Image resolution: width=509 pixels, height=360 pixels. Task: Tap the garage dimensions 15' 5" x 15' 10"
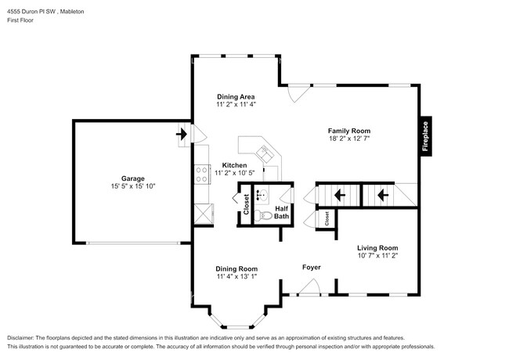pyautogui.click(x=132, y=186)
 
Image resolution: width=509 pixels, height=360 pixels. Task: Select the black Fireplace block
pyautogui.click(x=425, y=135)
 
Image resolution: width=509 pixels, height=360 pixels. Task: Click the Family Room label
pyautogui.click(x=348, y=131)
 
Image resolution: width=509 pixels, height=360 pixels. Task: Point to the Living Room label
pyautogui.click(x=377, y=247)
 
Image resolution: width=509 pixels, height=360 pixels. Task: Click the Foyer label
pyautogui.click(x=312, y=268)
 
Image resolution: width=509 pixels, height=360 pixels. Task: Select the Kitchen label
pyautogui.click(x=234, y=165)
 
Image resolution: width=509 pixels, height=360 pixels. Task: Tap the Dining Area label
pyautogui.click(x=236, y=96)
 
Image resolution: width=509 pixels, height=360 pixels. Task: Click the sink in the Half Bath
pyautogui.click(x=264, y=196)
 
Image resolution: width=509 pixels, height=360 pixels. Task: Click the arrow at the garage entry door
pyautogui.click(x=182, y=134)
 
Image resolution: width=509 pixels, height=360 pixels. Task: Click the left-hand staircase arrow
pyautogui.click(x=340, y=195)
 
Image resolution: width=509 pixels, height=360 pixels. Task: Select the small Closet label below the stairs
pyautogui.click(x=327, y=220)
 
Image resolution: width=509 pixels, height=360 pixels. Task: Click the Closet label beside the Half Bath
pyautogui.click(x=246, y=205)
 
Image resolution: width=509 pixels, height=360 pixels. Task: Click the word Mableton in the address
pyautogui.click(x=71, y=13)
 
